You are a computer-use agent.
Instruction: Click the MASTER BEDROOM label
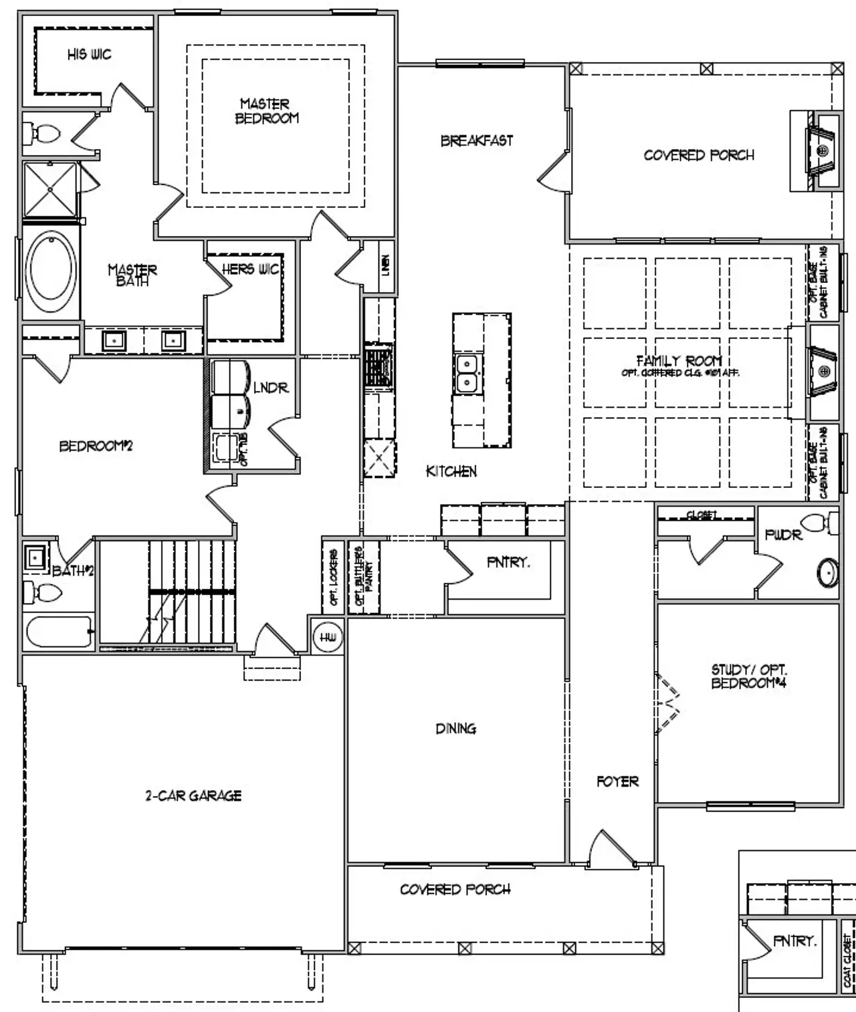pos(266,111)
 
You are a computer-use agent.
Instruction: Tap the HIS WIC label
pos(89,54)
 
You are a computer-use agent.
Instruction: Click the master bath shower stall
pos(49,189)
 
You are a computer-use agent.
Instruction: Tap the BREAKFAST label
pos(477,140)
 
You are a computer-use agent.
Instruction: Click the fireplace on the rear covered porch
pos(823,151)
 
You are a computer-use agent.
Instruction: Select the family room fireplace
pos(823,371)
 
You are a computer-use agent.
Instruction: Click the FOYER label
pos(617,781)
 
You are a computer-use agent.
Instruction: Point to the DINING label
pos(455,728)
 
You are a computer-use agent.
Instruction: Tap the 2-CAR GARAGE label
pos(193,795)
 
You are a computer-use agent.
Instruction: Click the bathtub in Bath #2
pos(59,632)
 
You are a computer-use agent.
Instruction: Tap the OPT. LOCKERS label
pos(333,578)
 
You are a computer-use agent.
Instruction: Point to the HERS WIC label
pos(250,269)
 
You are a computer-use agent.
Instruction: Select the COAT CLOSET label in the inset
pos(847,960)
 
